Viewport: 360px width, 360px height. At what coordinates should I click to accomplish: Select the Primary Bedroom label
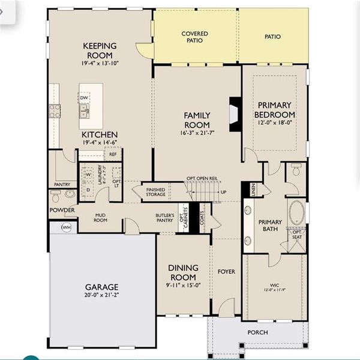coord(274,110)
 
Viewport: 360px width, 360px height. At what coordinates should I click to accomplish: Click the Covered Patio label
coord(196,38)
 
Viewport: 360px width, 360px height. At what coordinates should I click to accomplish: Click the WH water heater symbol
coord(66,227)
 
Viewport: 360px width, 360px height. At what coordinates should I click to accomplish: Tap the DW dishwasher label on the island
coord(84,97)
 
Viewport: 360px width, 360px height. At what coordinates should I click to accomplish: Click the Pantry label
coord(62,184)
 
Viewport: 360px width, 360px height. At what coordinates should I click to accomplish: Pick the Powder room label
coord(62,211)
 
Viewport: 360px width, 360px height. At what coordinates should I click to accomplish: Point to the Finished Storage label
coord(155,191)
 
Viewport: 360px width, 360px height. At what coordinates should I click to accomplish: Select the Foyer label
coord(227,272)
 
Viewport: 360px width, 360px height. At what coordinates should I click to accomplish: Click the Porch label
coord(258,332)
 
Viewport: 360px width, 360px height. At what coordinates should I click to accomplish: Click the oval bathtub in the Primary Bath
coord(296,212)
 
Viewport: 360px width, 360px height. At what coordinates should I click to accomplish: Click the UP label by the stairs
coord(224,192)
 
